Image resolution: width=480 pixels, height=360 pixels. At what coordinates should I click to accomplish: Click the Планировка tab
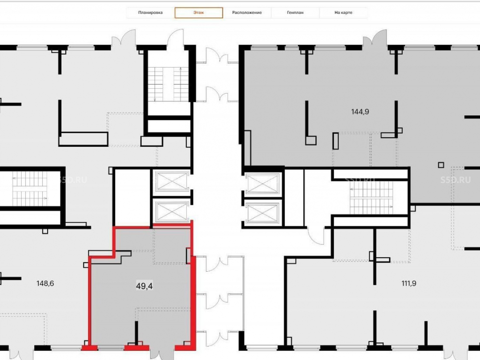tap(150, 13)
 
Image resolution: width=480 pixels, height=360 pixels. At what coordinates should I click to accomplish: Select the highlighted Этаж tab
tap(199, 13)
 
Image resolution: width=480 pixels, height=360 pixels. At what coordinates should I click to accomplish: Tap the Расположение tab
tap(247, 13)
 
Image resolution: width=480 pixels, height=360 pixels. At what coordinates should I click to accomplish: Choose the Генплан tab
tap(295, 13)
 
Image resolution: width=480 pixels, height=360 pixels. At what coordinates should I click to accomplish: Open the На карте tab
tap(343, 13)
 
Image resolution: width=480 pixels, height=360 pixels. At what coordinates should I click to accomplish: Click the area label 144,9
tap(360, 112)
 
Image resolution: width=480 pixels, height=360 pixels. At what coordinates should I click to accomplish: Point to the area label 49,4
tap(144, 286)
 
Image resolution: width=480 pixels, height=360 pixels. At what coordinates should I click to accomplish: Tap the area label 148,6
tap(45, 284)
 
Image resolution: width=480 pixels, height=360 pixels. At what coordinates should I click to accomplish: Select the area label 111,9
tap(408, 284)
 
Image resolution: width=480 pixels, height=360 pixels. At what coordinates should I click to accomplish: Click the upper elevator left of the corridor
tap(171, 181)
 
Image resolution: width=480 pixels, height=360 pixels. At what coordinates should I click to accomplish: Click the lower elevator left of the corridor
tap(171, 211)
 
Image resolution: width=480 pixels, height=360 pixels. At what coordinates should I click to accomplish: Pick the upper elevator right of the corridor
tap(263, 184)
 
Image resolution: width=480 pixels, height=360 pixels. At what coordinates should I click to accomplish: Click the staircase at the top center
tap(168, 84)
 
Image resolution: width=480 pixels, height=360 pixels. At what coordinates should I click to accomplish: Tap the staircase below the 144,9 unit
tap(372, 197)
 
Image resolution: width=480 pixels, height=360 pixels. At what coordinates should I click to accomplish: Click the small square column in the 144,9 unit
tap(441, 165)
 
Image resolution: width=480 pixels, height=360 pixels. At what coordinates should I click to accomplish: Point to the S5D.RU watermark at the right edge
tap(456, 180)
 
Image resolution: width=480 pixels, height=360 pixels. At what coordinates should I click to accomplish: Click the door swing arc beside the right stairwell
tap(316, 236)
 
